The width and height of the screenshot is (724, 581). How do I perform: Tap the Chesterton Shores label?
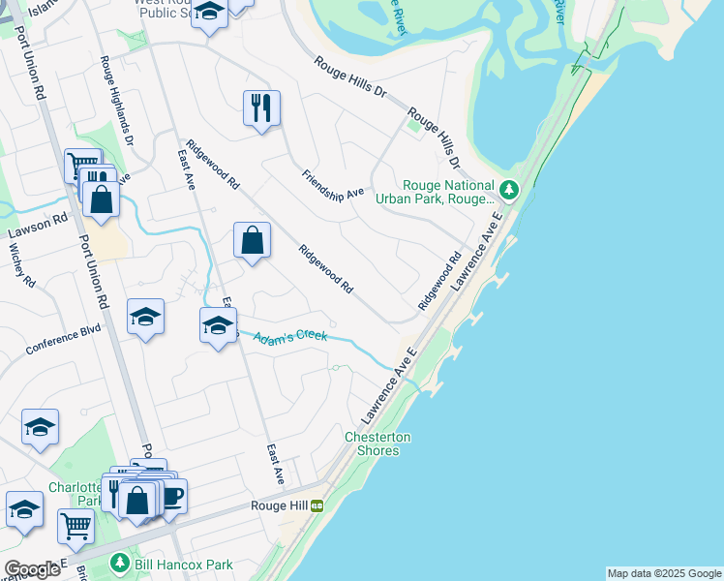pyautogui.click(x=377, y=443)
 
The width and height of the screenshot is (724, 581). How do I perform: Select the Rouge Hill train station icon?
pyautogui.click(x=316, y=505)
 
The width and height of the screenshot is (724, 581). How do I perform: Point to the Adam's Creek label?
pyautogui.click(x=291, y=336)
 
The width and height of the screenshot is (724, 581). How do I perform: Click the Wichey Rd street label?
pyautogui.click(x=21, y=265)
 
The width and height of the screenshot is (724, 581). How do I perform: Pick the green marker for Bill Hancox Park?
pyautogui.click(x=119, y=563)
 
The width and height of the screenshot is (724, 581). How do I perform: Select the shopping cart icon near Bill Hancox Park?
pyautogui.click(x=75, y=527)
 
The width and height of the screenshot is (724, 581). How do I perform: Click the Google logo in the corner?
pyautogui.click(x=33, y=568)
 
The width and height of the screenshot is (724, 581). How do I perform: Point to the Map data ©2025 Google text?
pyautogui.click(x=664, y=573)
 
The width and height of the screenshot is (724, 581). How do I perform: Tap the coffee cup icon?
pyautogui.click(x=171, y=496)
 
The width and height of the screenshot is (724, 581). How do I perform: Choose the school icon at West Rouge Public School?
pyautogui.click(x=208, y=13)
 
